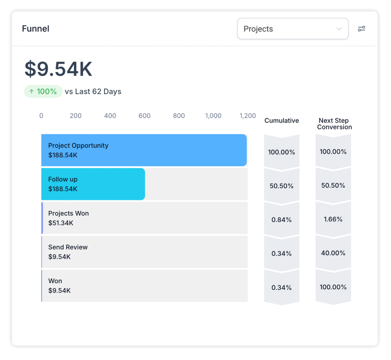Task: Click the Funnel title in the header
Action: (36, 29)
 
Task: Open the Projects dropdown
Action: (292, 29)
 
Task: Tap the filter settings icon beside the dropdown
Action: (361, 29)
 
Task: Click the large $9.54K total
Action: (58, 69)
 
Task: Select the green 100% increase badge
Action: (43, 92)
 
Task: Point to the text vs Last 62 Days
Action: (93, 92)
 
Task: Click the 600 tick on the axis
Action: (144, 116)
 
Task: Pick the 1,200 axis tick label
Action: (247, 116)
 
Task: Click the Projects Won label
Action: (68, 213)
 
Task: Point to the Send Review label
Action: (68, 247)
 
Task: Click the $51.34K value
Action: (61, 223)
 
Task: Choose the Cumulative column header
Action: (281, 121)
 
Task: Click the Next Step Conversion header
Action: (334, 124)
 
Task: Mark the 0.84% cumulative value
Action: (281, 220)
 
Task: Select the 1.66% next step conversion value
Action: (333, 219)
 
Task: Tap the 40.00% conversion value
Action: (333, 253)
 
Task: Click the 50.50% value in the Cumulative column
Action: (281, 186)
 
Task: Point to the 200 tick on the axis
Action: (76, 116)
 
